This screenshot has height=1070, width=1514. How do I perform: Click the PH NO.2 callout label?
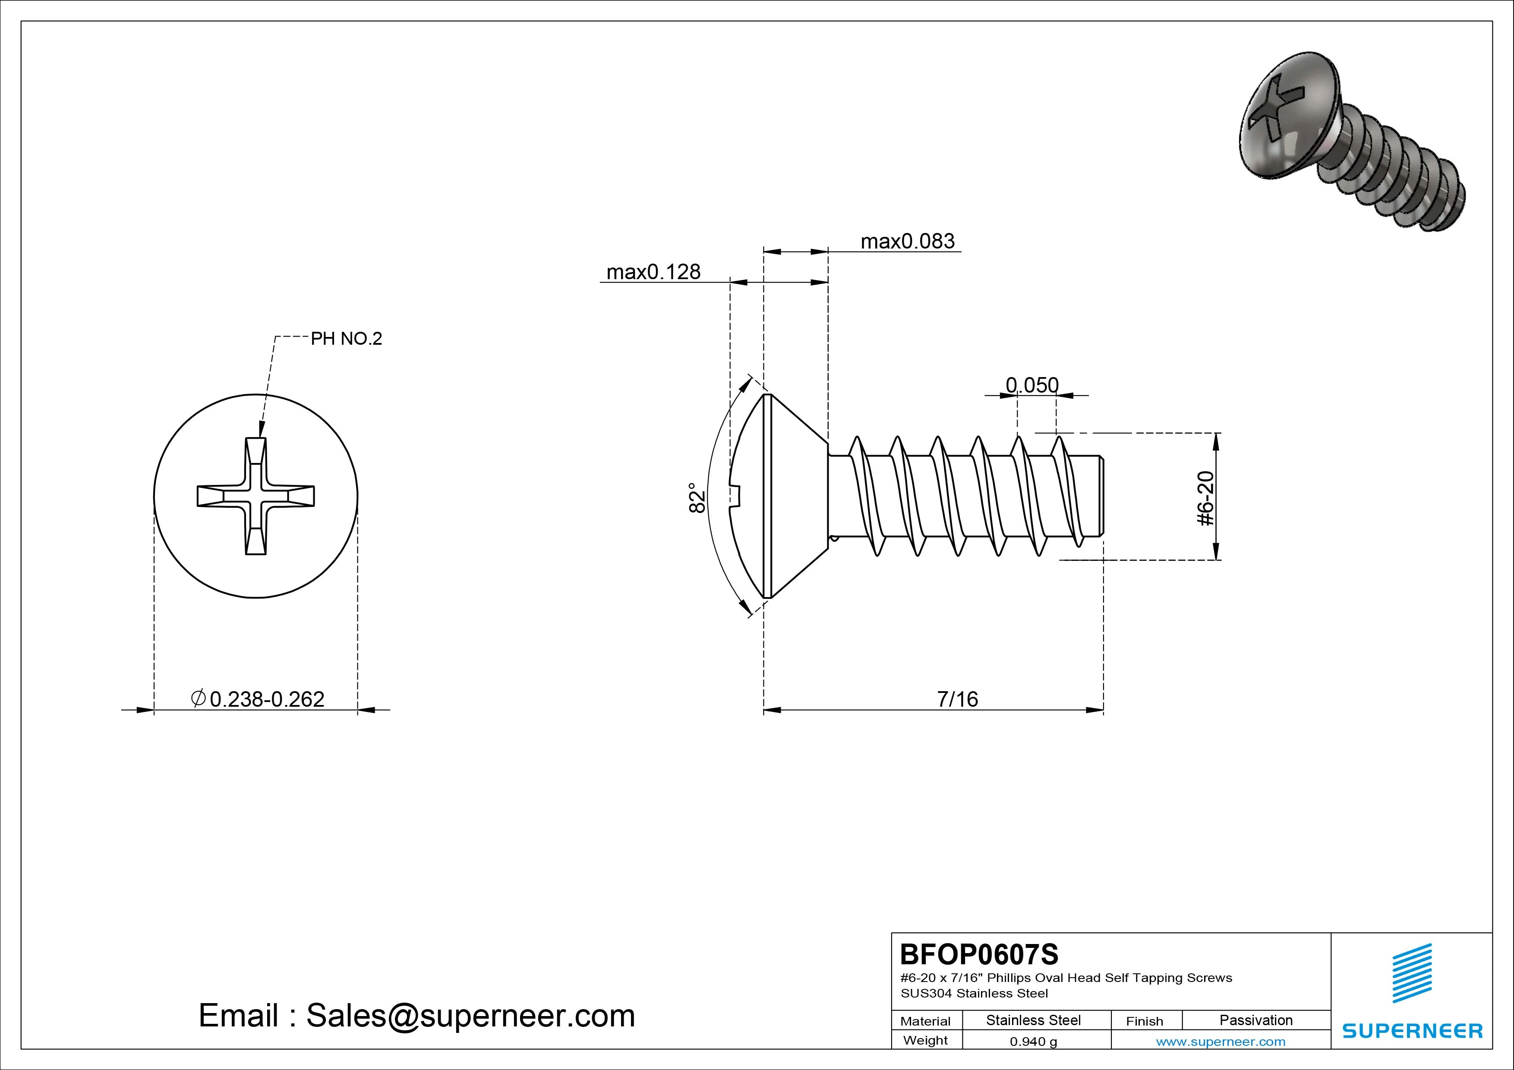point(346,339)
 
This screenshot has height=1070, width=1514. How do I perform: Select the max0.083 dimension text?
point(907,241)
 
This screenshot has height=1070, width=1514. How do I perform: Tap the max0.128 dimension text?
point(653,272)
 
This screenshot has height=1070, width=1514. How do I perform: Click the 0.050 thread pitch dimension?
point(1032,384)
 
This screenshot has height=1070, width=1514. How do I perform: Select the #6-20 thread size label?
point(1205,498)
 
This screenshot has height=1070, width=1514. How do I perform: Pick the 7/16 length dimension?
point(957,699)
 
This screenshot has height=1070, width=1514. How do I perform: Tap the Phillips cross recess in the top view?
point(256,496)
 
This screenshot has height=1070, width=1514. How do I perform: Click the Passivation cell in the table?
point(1255,1020)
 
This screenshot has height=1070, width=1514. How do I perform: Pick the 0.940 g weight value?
point(1033,1042)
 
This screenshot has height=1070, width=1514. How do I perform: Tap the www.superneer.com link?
point(1221,1042)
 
